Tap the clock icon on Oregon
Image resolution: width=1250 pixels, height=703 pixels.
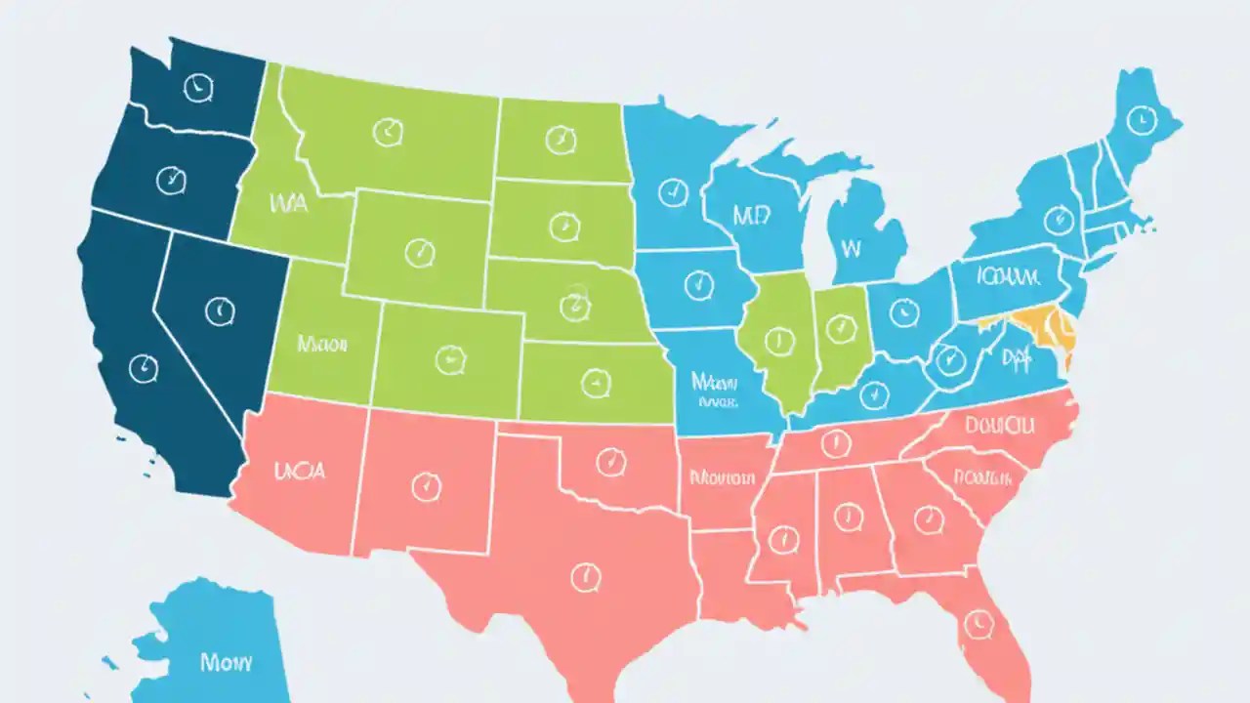click(x=171, y=179)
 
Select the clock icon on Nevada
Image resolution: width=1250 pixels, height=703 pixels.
click(x=221, y=311)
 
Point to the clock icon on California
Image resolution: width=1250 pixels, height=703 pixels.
click(x=143, y=367)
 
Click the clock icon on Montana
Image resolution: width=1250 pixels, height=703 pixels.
click(x=388, y=131)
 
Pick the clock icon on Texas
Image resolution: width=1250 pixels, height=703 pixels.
click(x=585, y=576)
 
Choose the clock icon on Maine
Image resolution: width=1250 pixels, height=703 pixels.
click(x=1137, y=120)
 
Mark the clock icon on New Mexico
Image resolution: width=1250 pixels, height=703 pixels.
click(x=426, y=485)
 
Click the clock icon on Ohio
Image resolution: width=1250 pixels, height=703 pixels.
click(x=905, y=312)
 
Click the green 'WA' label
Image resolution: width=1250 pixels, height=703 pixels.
click(x=286, y=204)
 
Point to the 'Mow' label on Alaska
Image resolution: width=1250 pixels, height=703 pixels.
click(x=226, y=661)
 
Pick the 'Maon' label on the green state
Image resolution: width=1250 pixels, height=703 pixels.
click(x=323, y=344)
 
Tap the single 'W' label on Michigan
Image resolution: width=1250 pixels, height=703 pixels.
click(x=851, y=248)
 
